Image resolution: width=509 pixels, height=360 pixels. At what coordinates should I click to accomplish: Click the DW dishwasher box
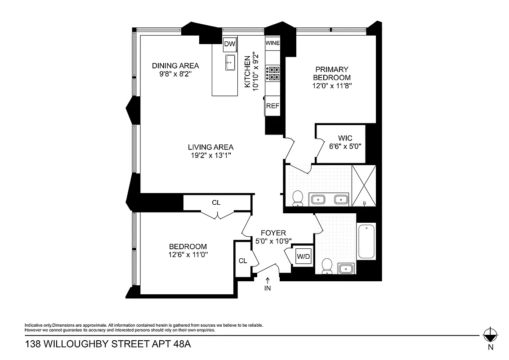pos(230,44)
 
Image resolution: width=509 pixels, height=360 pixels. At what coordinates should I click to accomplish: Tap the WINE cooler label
pos(272,43)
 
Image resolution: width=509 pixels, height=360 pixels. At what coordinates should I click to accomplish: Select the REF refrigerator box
pos(272,106)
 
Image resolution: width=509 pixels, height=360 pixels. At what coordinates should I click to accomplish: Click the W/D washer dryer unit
pos(302,257)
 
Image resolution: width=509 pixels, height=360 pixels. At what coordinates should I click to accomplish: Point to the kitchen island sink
pos(230,63)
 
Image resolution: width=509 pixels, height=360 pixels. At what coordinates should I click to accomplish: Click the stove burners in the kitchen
pos(273,73)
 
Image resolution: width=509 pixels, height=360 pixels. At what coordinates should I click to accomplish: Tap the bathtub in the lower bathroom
pos(366,242)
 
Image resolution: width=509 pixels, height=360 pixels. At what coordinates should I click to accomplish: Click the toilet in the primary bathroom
pos(298,198)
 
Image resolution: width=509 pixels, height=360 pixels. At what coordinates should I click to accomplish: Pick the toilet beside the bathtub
pos(327,266)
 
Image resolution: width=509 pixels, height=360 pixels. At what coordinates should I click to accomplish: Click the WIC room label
pos(345,138)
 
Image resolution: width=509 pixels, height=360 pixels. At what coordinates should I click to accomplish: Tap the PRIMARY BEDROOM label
pos(332,73)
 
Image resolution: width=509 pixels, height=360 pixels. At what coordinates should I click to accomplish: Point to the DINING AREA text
pos(175,66)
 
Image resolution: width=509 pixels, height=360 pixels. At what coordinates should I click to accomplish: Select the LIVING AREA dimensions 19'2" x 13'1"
pos(210,156)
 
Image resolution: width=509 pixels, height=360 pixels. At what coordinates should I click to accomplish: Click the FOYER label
pos(273,233)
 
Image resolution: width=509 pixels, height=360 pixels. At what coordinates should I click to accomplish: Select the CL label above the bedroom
pos(216,202)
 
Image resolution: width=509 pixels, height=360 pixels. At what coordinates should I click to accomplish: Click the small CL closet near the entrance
pos(243,261)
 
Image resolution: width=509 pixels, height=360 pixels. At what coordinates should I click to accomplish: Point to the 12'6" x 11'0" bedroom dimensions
pos(188,255)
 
